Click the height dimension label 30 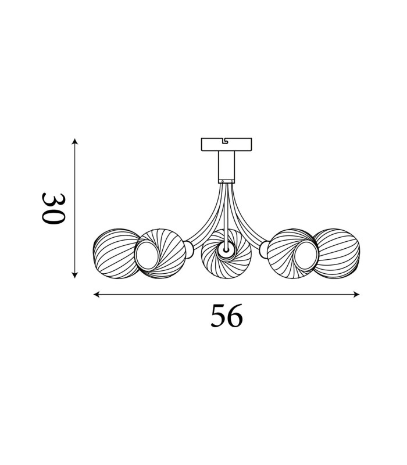pyautogui.click(x=53, y=209)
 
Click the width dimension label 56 pyautogui.click(x=227, y=316)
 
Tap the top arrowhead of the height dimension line pyautogui.click(x=75, y=141)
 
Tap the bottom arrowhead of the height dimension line pyautogui.click(x=75, y=275)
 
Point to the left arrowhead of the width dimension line pyautogui.click(x=97, y=295)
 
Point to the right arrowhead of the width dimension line pyautogui.click(x=356, y=295)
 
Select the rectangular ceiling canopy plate pyautogui.click(x=226, y=144)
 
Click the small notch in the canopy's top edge pyautogui.click(x=226, y=140)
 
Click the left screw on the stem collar pyautogui.click(x=222, y=181)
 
